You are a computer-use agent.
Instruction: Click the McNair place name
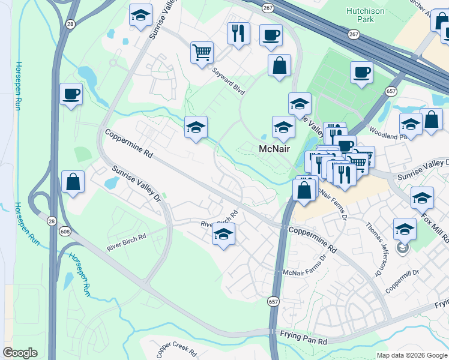coord(275,148)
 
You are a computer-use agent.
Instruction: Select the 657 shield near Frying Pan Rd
coord(274,301)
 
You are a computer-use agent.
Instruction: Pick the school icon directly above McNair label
coord(283,127)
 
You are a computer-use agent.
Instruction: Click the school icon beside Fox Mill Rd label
coord(422,197)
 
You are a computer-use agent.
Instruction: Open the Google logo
coord(20,353)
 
